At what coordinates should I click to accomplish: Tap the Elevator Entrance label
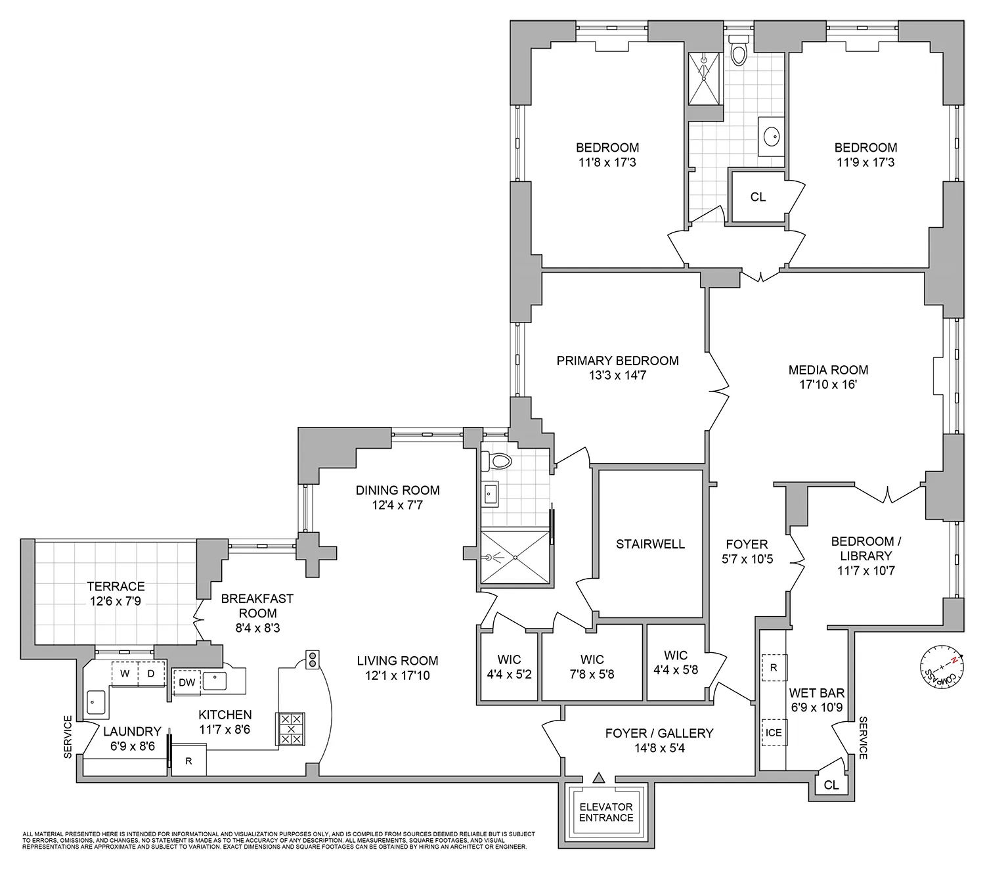click(x=606, y=812)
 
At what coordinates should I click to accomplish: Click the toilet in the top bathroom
click(x=739, y=51)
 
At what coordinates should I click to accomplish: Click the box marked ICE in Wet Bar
click(x=774, y=732)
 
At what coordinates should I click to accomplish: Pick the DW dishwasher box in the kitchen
click(x=186, y=682)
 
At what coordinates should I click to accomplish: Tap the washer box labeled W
click(x=124, y=674)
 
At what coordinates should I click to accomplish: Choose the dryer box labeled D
click(x=151, y=674)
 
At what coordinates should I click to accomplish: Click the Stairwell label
click(x=650, y=544)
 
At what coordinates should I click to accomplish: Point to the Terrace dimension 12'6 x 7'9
click(x=116, y=601)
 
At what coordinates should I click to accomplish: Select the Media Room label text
click(x=828, y=370)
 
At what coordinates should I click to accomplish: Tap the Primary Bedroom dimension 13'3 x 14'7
click(x=617, y=376)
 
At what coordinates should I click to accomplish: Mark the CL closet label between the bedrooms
click(x=758, y=197)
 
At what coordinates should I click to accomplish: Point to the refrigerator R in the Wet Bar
click(x=774, y=667)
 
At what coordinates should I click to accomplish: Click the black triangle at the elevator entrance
click(x=598, y=778)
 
